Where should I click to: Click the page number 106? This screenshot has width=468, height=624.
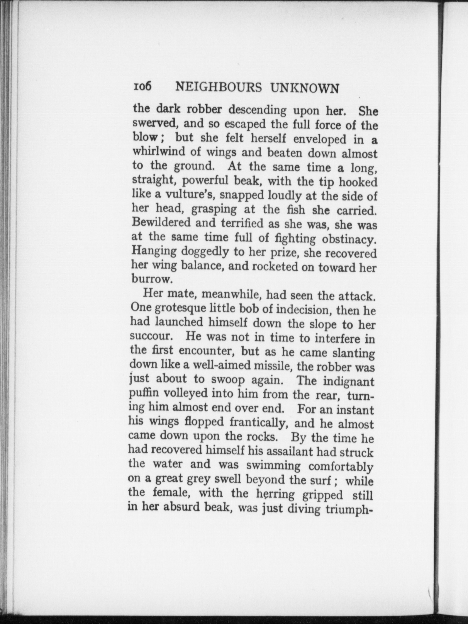tap(142, 87)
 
